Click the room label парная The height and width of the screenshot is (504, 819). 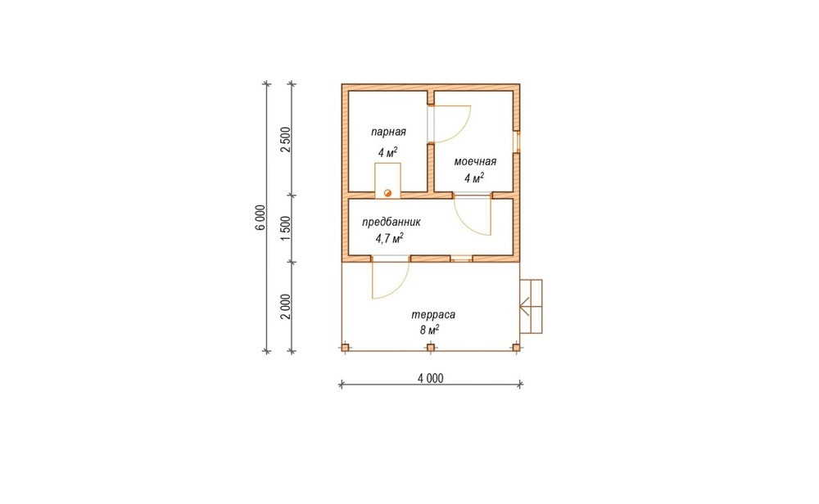[x=388, y=132]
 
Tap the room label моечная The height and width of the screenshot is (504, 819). [x=475, y=162]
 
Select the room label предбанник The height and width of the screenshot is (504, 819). [x=391, y=223]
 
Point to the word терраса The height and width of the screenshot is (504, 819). [x=433, y=315]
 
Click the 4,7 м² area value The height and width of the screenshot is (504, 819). [x=389, y=239]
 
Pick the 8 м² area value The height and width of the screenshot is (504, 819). [x=429, y=331]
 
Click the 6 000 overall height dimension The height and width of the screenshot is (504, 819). [x=261, y=218]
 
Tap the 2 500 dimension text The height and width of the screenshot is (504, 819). [x=285, y=139]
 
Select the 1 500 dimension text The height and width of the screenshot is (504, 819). [x=285, y=228]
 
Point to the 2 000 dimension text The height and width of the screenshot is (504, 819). [x=285, y=307]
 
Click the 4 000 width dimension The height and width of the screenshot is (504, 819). [x=431, y=378]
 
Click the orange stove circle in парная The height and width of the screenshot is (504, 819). [x=387, y=193]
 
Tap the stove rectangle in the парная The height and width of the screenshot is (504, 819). [x=387, y=181]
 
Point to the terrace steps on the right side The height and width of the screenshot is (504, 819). [x=531, y=306]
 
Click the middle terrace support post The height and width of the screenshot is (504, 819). [x=431, y=348]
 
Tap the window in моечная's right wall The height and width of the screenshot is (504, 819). [x=517, y=142]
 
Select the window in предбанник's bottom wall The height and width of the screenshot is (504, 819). [x=461, y=259]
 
